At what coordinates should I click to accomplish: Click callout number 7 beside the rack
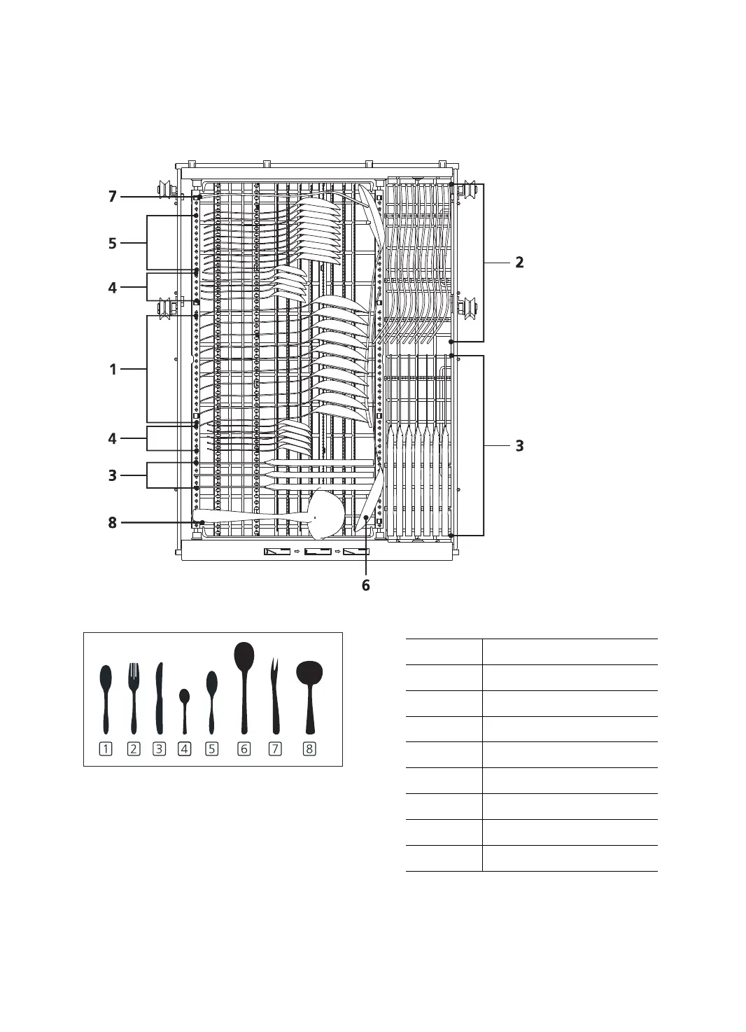pos(112,197)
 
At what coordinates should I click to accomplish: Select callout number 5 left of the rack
pos(112,244)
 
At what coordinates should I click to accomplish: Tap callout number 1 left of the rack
pos(113,369)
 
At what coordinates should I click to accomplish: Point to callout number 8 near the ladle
pos(112,522)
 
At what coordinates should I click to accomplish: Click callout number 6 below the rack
pos(365,585)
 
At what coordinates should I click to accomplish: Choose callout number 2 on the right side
pos(519,263)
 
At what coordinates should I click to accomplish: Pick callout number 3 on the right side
pos(519,445)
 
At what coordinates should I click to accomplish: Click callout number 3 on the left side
pos(112,476)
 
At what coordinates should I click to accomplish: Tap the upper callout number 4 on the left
pos(112,287)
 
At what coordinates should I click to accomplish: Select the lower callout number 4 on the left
pos(112,439)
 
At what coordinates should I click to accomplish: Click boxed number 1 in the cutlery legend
pos(106,749)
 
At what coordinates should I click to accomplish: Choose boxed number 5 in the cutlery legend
pos(211,749)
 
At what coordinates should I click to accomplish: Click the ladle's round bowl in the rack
pos(325,514)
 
